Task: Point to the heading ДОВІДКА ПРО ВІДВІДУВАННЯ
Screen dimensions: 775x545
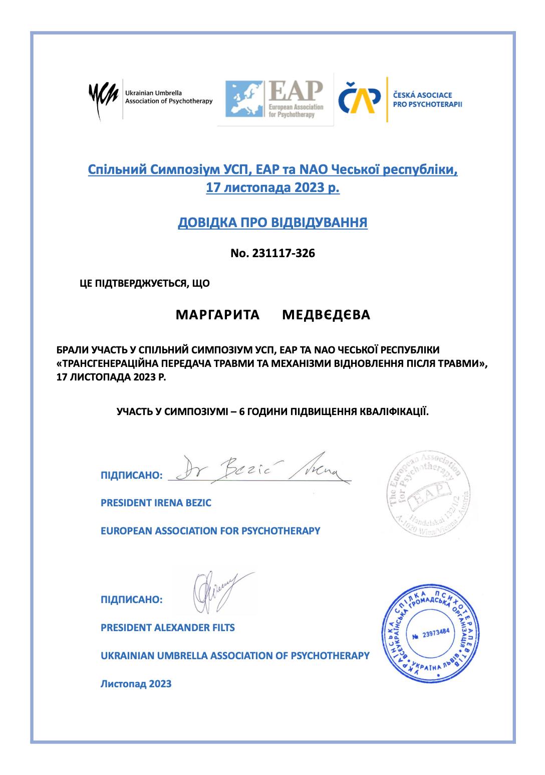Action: [x=272, y=222]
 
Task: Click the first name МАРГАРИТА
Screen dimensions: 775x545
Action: [x=218, y=315]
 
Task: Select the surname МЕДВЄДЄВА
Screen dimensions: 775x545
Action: [x=326, y=315]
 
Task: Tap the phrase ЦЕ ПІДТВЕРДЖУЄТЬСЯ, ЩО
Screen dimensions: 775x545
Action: [x=145, y=284]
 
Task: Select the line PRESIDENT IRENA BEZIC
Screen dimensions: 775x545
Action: [x=156, y=502]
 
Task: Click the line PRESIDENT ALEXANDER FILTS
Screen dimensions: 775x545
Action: [x=167, y=627]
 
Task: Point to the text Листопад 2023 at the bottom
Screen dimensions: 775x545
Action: [x=136, y=683]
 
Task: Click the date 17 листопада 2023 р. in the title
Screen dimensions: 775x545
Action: [x=272, y=189]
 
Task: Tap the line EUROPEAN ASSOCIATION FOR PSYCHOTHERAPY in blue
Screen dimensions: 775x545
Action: [x=210, y=530]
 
